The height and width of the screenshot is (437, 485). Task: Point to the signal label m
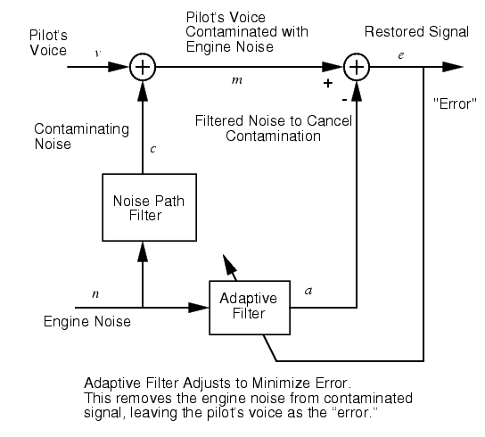point(237,80)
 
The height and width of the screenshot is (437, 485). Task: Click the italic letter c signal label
point(152,149)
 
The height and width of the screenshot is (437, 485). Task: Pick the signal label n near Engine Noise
point(95,294)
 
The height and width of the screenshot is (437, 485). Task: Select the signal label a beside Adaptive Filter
point(308,291)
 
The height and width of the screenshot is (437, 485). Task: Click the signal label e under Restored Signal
point(401,55)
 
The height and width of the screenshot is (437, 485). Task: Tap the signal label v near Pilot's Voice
point(98,54)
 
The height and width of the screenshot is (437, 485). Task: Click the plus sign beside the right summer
point(328,83)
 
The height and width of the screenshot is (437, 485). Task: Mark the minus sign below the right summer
point(344,100)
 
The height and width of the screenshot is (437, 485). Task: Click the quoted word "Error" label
point(455,103)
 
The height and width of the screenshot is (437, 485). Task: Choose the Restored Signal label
point(416,32)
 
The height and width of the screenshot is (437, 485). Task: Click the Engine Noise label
point(87,322)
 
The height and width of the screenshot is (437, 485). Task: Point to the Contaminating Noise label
point(82,136)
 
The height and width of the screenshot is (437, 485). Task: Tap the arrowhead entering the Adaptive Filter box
point(199,308)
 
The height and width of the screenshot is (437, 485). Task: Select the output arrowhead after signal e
point(453,67)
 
